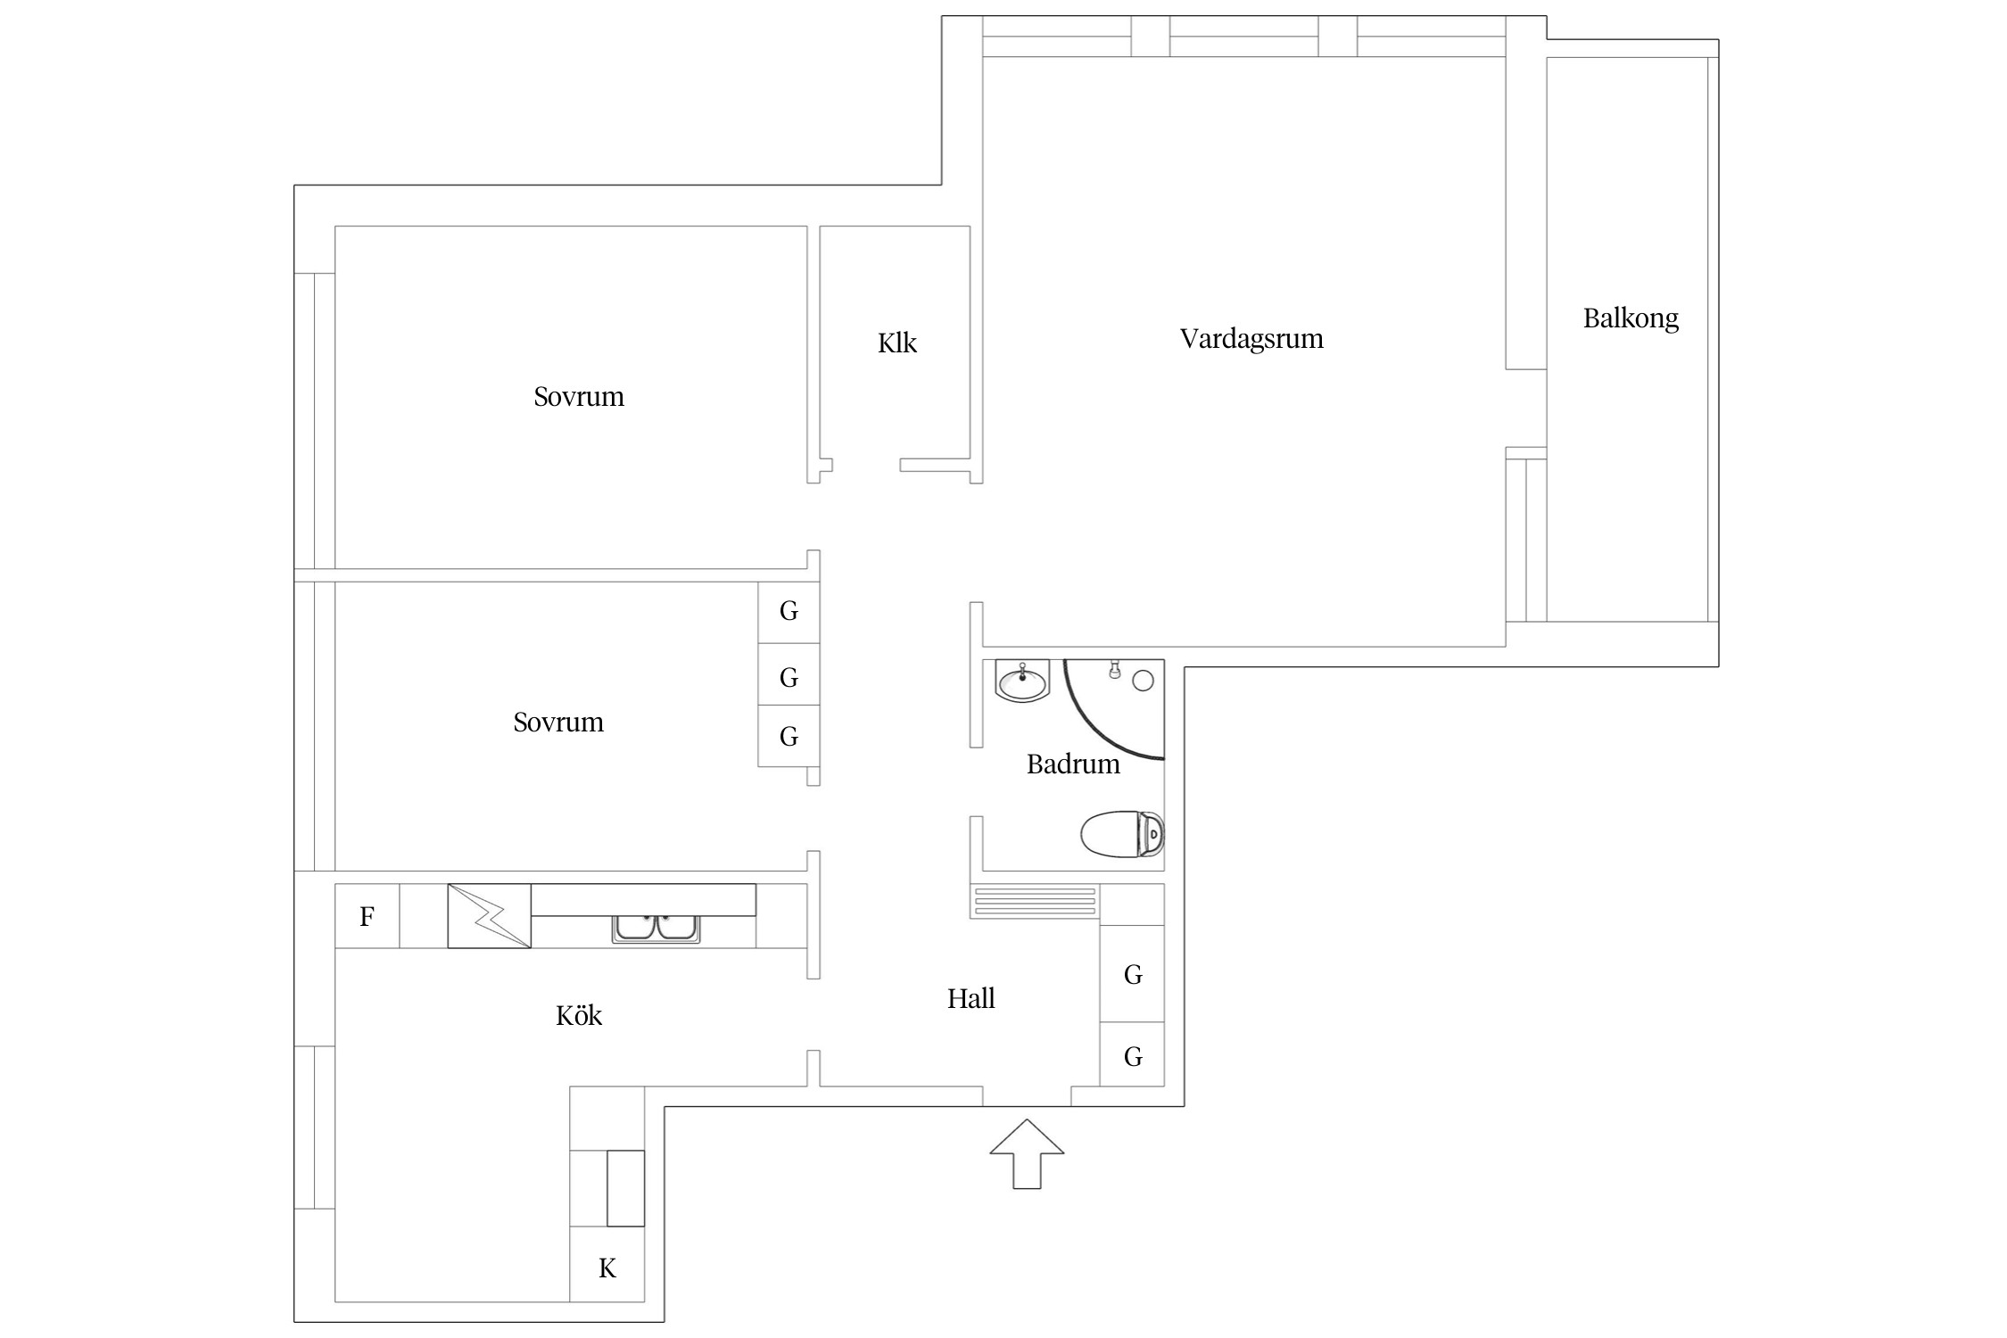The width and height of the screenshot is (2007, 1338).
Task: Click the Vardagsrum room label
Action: click(x=1251, y=339)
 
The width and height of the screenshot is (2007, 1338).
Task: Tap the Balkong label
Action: click(x=1631, y=318)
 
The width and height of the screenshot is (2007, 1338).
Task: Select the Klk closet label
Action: click(x=896, y=343)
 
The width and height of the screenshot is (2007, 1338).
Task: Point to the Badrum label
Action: click(x=1073, y=764)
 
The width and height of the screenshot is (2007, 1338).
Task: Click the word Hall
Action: click(x=970, y=998)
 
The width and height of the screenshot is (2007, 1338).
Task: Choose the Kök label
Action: click(x=579, y=1015)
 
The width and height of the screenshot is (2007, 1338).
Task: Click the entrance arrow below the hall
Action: click(x=1027, y=1153)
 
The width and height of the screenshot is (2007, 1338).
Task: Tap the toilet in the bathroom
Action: click(x=1122, y=835)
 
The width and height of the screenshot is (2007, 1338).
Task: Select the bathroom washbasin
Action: click(x=1022, y=682)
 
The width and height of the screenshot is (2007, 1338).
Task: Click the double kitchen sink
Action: click(x=656, y=929)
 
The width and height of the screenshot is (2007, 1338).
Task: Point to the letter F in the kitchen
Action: click(x=367, y=916)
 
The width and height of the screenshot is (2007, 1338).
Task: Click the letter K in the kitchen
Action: click(x=607, y=1268)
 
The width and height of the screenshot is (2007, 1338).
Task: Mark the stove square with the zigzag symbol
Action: click(x=489, y=916)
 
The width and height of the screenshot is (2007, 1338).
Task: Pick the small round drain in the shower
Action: click(x=1143, y=681)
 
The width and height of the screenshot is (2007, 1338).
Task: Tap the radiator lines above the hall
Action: click(x=1035, y=902)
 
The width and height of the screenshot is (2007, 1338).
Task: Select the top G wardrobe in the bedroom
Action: click(x=789, y=612)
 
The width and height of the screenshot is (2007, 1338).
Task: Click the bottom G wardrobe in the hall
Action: click(x=1133, y=1056)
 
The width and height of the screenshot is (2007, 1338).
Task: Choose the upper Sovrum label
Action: click(x=579, y=397)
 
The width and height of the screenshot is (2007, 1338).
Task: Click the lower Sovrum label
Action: click(x=558, y=723)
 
